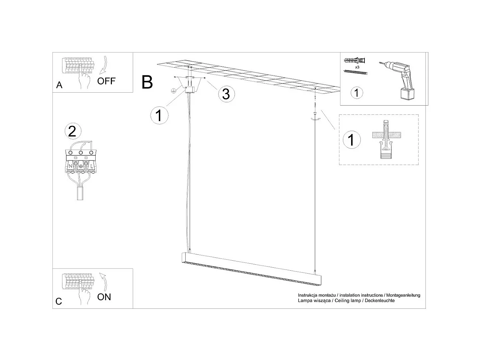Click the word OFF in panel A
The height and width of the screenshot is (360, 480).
[x=106, y=81]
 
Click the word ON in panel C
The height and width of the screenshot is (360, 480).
[x=104, y=297]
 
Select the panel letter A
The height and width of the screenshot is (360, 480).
[x=59, y=85]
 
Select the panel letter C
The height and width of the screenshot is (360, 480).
[x=59, y=301]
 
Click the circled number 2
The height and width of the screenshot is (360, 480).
[x=73, y=131]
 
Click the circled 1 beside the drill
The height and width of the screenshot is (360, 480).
[x=356, y=92]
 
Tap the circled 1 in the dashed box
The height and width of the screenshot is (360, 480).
[x=352, y=140]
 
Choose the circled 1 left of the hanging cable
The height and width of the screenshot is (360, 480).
[x=159, y=115]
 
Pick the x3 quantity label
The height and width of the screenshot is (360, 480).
[x=357, y=68]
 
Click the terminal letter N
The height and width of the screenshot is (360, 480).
[x=70, y=167]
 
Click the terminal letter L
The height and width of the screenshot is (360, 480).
[x=91, y=167]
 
